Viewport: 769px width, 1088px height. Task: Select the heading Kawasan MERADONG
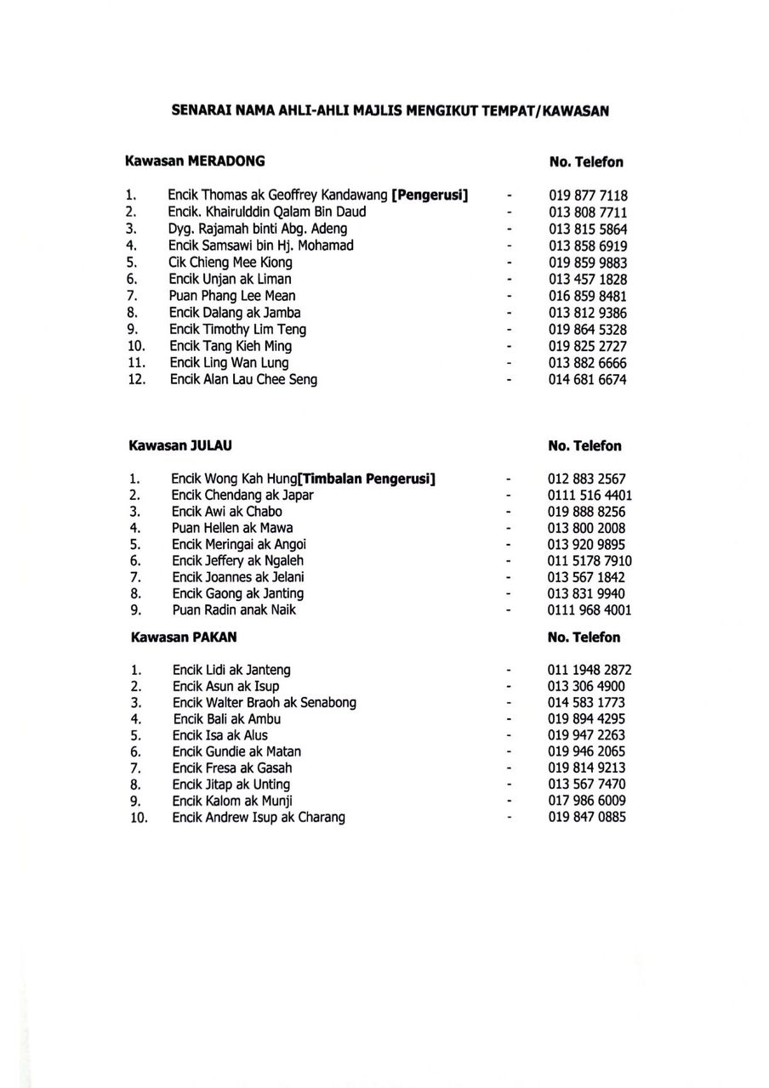coord(195,160)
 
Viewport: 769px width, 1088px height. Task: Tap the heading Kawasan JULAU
coord(180,445)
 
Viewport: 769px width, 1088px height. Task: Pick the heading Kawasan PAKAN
coord(184,637)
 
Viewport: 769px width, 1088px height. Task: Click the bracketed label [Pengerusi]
coord(430,195)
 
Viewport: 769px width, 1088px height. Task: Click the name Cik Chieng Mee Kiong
coord(230,263)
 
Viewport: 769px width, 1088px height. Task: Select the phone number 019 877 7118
coord(587,196)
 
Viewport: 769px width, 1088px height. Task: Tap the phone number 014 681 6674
coord(587,380)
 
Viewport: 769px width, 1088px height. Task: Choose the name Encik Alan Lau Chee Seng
coord(243,380)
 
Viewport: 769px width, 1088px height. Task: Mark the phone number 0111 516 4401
coord(590,496)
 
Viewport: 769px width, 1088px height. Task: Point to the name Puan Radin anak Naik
coord(234,610)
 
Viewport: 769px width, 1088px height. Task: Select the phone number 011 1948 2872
coord(590,671)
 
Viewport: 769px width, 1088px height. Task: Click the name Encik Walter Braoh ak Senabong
coord(264,703)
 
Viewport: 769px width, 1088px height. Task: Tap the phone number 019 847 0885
coord(587,818)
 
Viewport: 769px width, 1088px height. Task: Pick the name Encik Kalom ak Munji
coord(232,802)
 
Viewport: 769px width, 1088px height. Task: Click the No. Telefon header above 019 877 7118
coord(586,161)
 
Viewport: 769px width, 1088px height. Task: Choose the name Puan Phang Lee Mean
coord(231,296)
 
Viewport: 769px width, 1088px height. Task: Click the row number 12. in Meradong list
coord(135,380)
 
